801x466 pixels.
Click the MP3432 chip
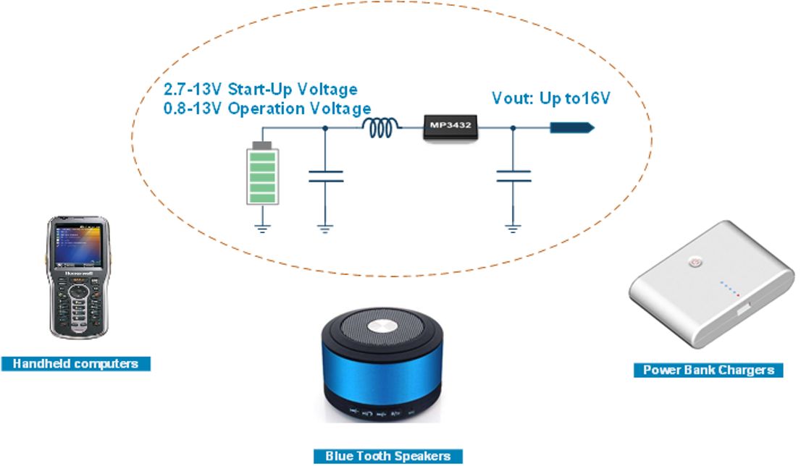pyautogui.click(x=450, y=127)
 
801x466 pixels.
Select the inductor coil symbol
pyautogui.click(x=380, y=127)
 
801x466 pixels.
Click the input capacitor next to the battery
pyautogui.click(x=325, y=177)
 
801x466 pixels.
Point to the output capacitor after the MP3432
pyautogui.click(x=513, y=177)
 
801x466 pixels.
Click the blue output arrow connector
pyautogui.click(x=572, y=127)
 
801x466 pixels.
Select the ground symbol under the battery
pyautogui.click(x=263, y=229)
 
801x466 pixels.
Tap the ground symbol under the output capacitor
pyautogui.click(x=513, y=229)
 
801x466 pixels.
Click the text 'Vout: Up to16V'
pyautogui.click(x=550, y=98)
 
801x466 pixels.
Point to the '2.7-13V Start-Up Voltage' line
pyautogui.click(x=261, y=89)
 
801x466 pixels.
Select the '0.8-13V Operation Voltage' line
pyautogui.click(x=267, y=109)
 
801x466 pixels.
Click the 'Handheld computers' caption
pyautogui.click(x=75, y=363)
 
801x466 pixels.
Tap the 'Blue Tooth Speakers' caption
pyautogui.click(x=387, y=456)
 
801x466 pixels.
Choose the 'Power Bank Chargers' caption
pyautogui.click(x=708, y=370)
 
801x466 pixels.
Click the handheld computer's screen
pyautogui.click(x=79, y=246)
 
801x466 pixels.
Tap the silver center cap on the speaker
pyautogui.click(x=382, y=326)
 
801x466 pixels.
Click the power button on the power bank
pyautogui.click(x=694, y=263)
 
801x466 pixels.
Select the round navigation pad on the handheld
pyautogui.click(x=79, y=292)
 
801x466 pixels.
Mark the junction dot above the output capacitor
pyautogui.click(x=513, y=127)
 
